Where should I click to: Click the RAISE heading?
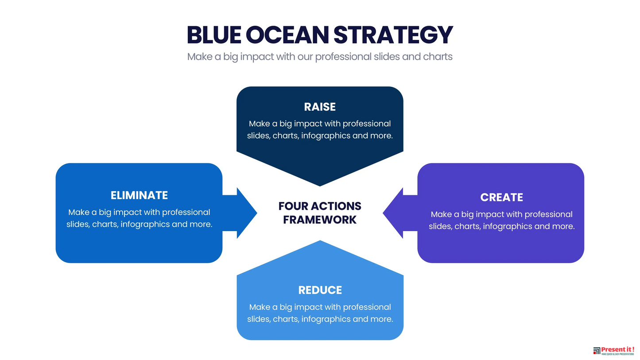pyautogui.click(x=320, y=107)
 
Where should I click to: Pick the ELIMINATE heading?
pyautogui.click(x=139, y=195)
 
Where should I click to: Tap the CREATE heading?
pyautogui.click(x=501, y=197)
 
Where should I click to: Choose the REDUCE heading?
pyautogui.click(x=320, y=290)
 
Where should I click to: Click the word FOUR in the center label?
pyautogui.click(x=294, y=206)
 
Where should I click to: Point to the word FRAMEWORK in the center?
pyautogui.click(x=320, y=220)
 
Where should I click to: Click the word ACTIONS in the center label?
pyautogui.click(x=337, y=206)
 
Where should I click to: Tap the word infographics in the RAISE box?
pyautogui.click(x=326, y=135)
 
